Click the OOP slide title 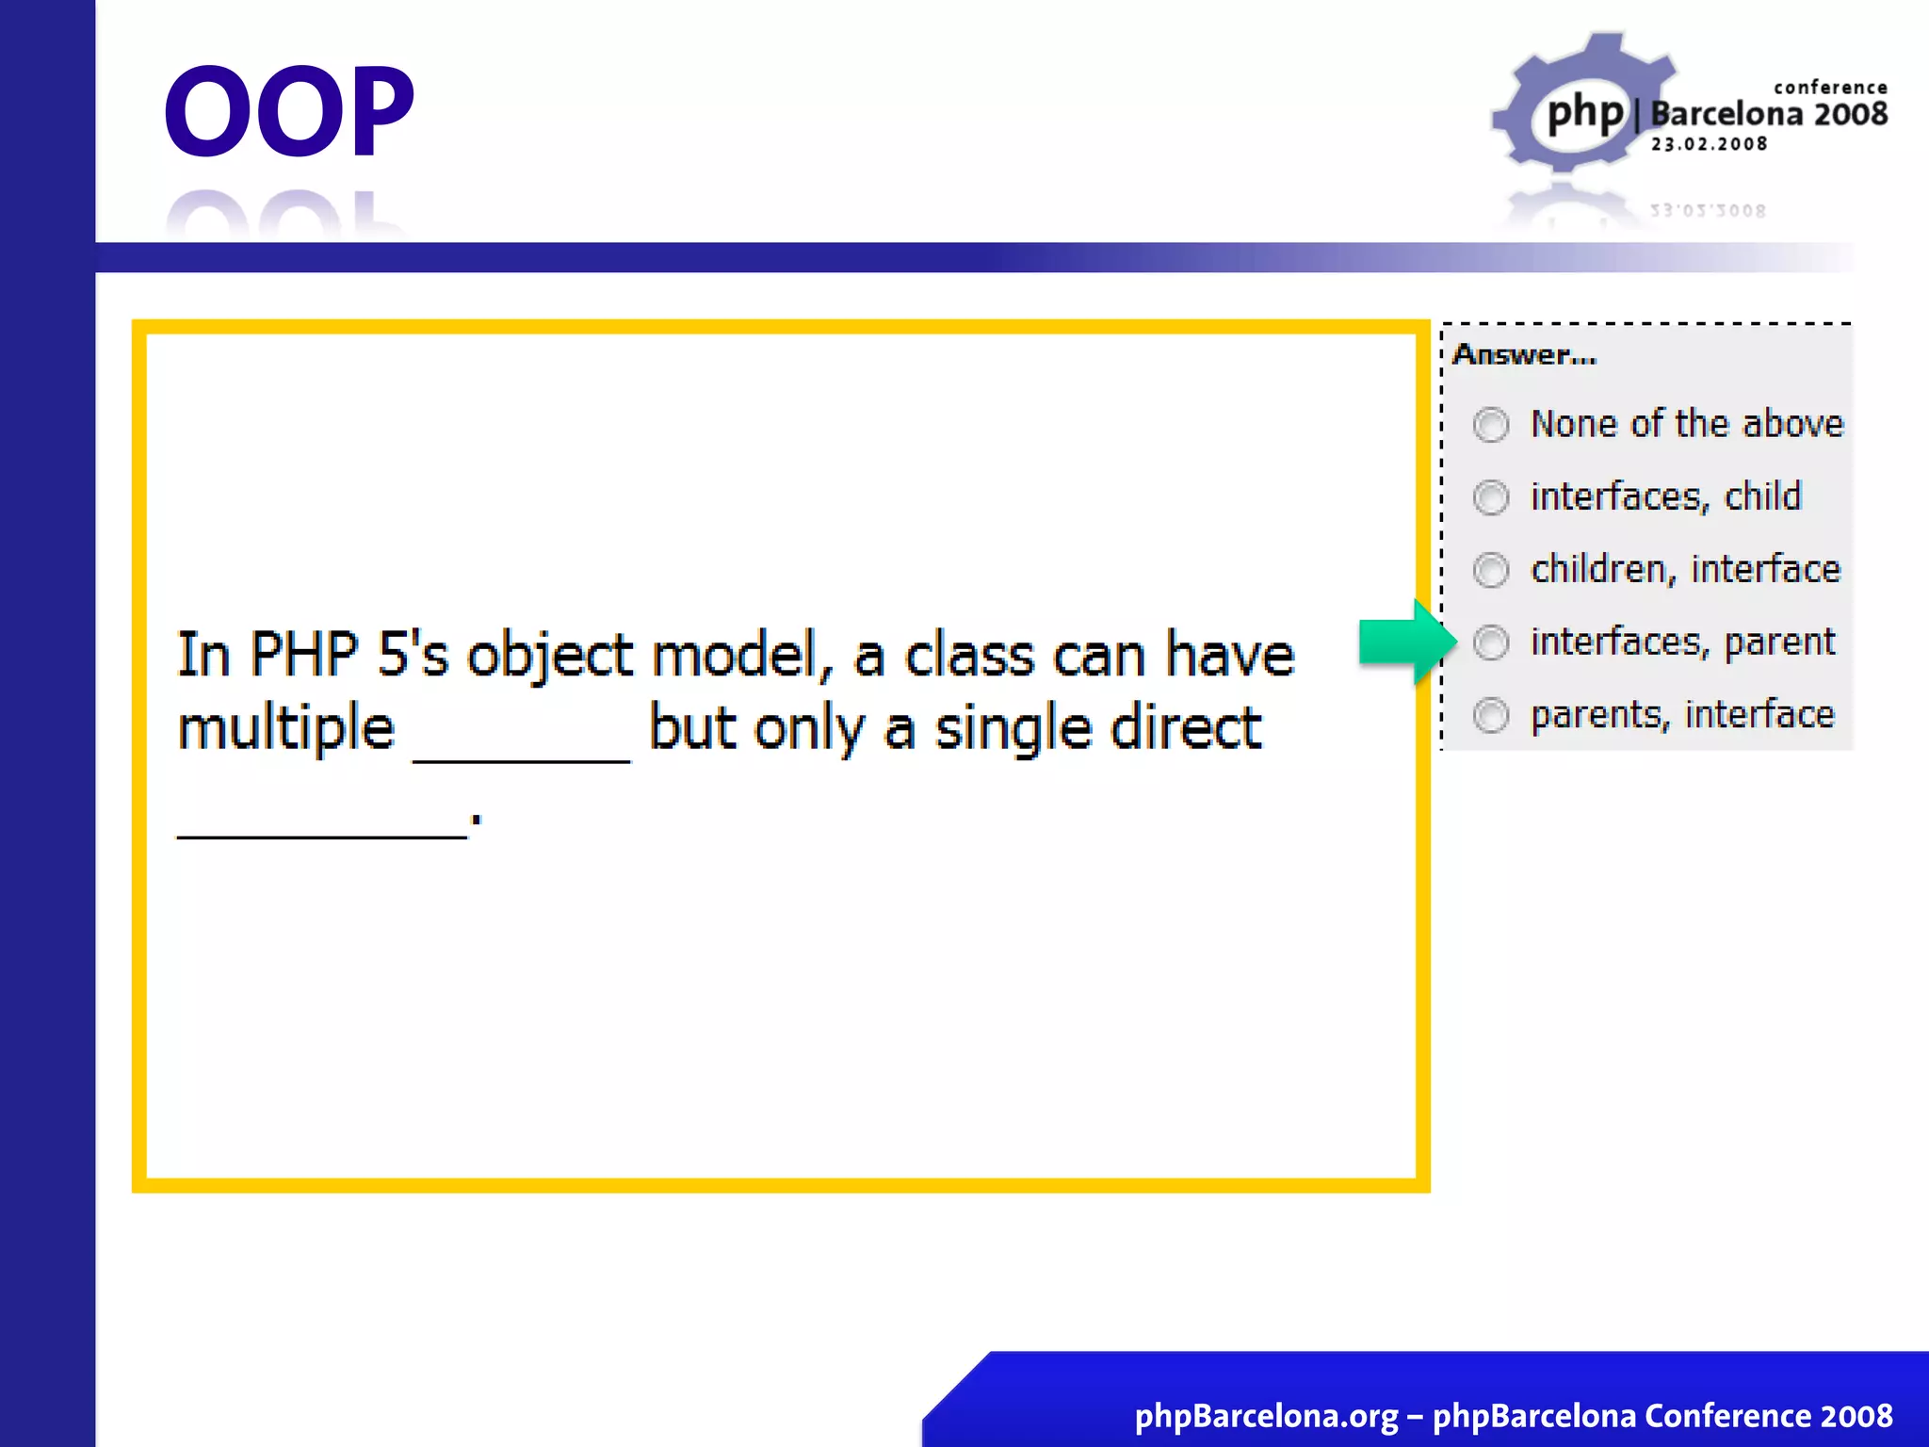tap(289, 110)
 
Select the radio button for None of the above tap(1491, 425)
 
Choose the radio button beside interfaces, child tap(1491, 497)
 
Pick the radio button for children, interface tap(1491, 570)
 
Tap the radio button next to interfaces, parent tap(1491, 642)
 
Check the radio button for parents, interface tap(1491, 715)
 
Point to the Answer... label tap(1524, 355)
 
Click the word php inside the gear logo tap(1586, 113)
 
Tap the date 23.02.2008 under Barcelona tap(1709, 144)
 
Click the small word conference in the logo tap(1830, 88)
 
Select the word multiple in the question tap(286, 728)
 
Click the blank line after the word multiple tap(522, 754)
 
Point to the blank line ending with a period tap(323, 829)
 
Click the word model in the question tap(735, 655)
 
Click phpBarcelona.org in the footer tap(1266, 1416)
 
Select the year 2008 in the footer tap(1856, 1416)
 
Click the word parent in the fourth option tap(1779, 642)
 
